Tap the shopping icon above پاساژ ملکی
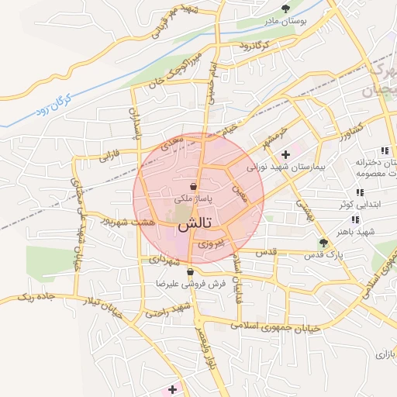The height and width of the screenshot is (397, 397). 192,187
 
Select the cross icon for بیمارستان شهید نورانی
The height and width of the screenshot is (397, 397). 286,154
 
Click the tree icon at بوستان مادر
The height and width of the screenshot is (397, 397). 287,9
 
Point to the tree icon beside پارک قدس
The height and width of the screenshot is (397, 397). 324,243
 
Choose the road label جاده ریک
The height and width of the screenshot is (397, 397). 36,296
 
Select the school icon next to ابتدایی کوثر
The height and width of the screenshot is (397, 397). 359,192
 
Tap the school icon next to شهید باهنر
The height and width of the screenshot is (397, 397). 359,219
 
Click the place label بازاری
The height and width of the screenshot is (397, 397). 385,354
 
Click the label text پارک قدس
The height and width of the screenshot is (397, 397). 299,254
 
